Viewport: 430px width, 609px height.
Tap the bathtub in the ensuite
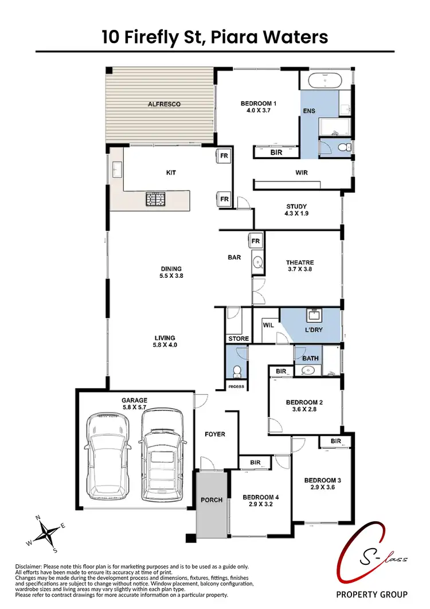click(325, 80)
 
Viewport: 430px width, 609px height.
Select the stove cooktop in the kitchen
click(154, 199)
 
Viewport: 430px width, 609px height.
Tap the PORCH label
click(212, 500)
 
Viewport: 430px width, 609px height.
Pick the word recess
click(236, 386)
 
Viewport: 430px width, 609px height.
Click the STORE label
click(239, 339)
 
